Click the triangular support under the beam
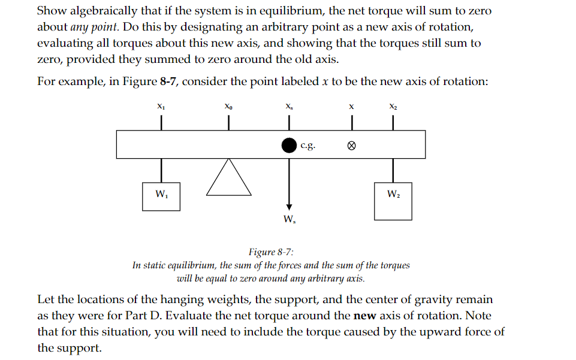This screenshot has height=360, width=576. pyautogui.click(x=228, y=179)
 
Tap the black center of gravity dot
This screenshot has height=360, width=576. pyautogui.click(x=289, y=144)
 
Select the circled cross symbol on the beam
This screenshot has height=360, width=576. pyautogui.click(x=352, y=145)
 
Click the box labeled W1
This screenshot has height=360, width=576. pyautogui.click(x=161, y=193)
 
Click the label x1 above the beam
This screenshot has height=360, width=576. pyautogui.click(x=161, y=107)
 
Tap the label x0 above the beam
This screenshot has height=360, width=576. pyautogui.click(x=228, y=107)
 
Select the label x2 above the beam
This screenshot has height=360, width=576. pyautogui.click(x=393, y=107)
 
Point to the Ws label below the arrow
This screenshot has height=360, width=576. pyautogui.click(x=289, y=219)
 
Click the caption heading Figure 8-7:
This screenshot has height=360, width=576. pyautogui.click(x=271, y=252)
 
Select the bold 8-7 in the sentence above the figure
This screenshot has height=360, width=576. pyautogui.click(x=167, y=81)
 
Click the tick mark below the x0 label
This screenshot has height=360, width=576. pyautogui.click(x=228, y=122)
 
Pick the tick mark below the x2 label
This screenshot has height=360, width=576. pyautogui.click(x=393, y=122)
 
